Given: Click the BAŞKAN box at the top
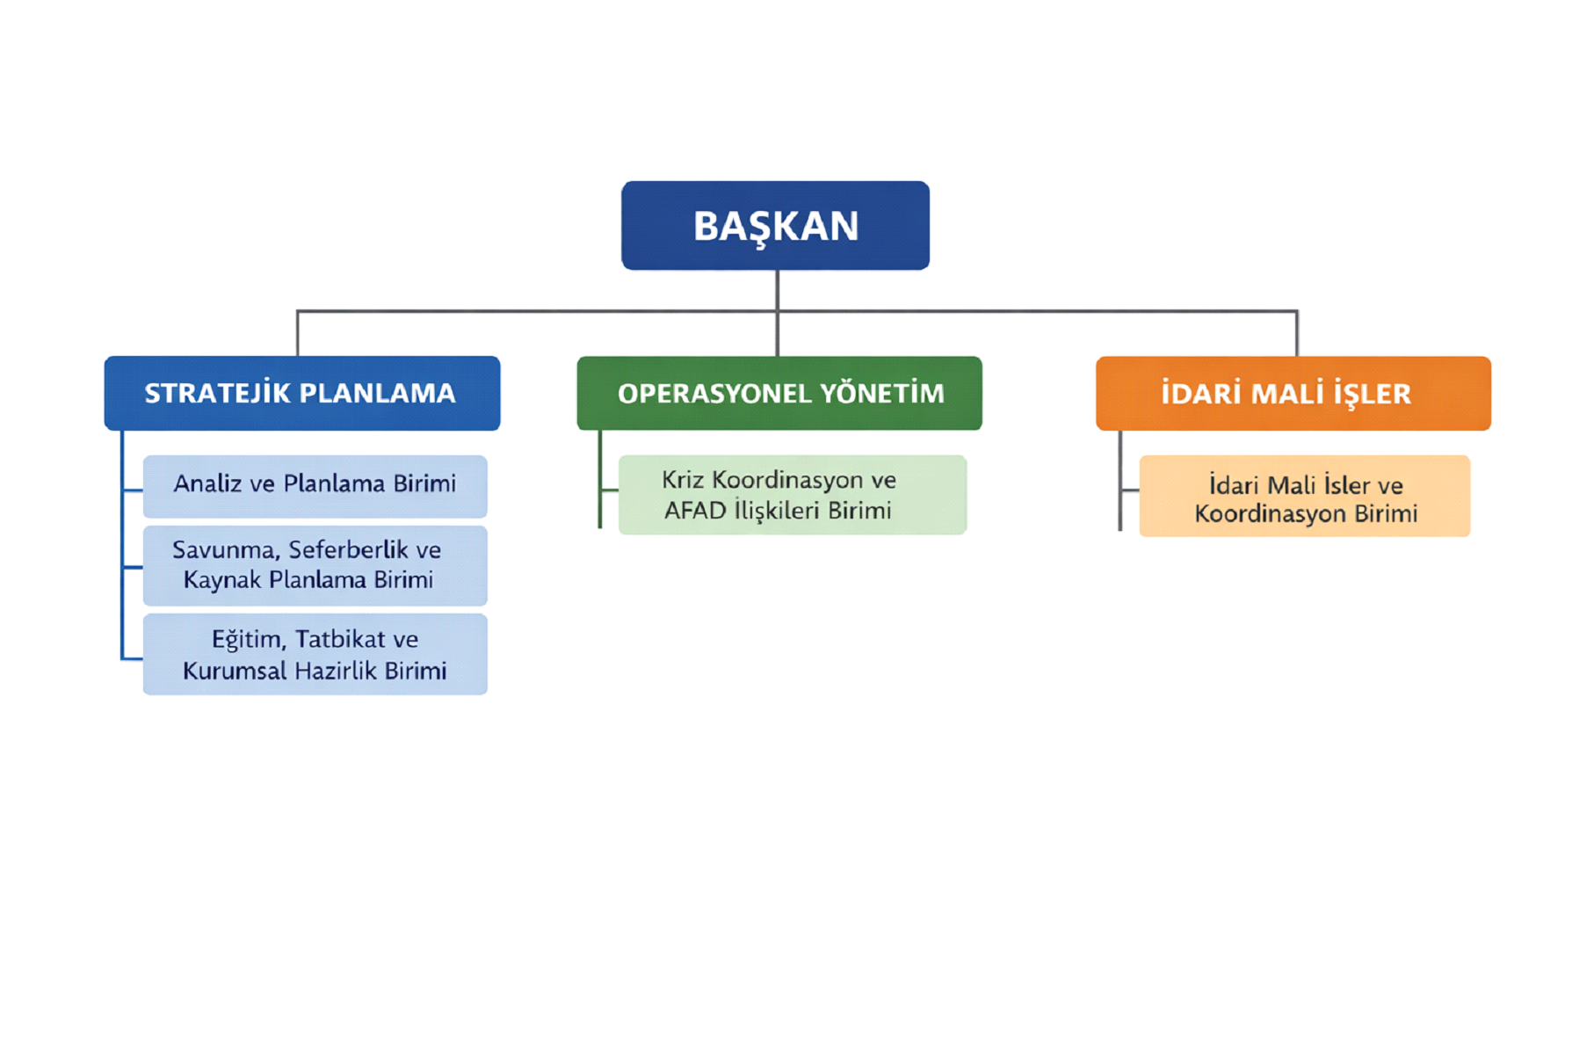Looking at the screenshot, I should tap(775, 225).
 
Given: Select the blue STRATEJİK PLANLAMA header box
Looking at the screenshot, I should tap(301, 393).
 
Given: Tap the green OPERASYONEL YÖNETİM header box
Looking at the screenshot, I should tap(779, 393).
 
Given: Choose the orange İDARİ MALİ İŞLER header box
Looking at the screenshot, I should tap(1293, 393).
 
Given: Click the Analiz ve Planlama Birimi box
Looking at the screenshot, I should tap(315, 486).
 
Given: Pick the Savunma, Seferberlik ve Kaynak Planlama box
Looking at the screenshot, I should tap(315, 565).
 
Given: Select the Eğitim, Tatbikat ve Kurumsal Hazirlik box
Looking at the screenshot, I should tap(315, 655).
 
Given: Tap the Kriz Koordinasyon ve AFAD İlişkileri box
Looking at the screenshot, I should tap(792, 495).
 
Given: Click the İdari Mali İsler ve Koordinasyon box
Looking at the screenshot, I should tap(1304, 497).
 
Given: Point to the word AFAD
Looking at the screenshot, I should tap(695, 511).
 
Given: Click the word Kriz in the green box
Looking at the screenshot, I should tap(682, 480).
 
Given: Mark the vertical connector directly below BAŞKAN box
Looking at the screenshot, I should tap(777, 290).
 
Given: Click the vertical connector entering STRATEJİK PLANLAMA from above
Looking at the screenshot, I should tap(298, 334).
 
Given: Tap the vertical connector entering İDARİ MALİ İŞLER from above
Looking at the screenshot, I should tap(1296, 334).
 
